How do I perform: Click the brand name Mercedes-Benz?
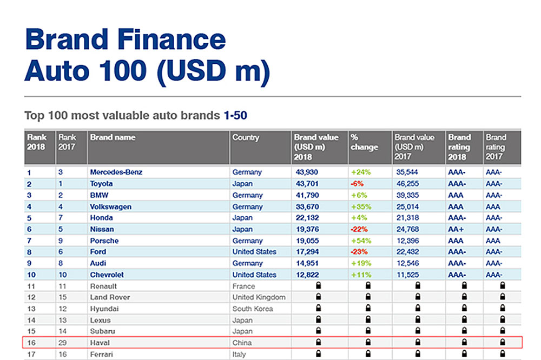(116, 172)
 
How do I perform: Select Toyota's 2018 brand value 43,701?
(307, 184)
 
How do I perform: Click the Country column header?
(246, 138)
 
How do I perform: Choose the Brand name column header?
(113, 138)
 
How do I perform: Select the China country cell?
(242, 343)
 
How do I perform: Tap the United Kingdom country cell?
(259, 297)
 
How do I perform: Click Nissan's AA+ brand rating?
(457, 229)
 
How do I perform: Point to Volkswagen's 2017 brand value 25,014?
(406, 206)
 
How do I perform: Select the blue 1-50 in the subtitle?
(236, 116)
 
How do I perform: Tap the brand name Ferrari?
(102, 354)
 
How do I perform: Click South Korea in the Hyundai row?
(253, 309)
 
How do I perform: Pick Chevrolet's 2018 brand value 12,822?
(307, 275)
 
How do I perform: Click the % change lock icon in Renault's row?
(367, 285)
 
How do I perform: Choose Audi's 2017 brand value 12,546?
(406, 263)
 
